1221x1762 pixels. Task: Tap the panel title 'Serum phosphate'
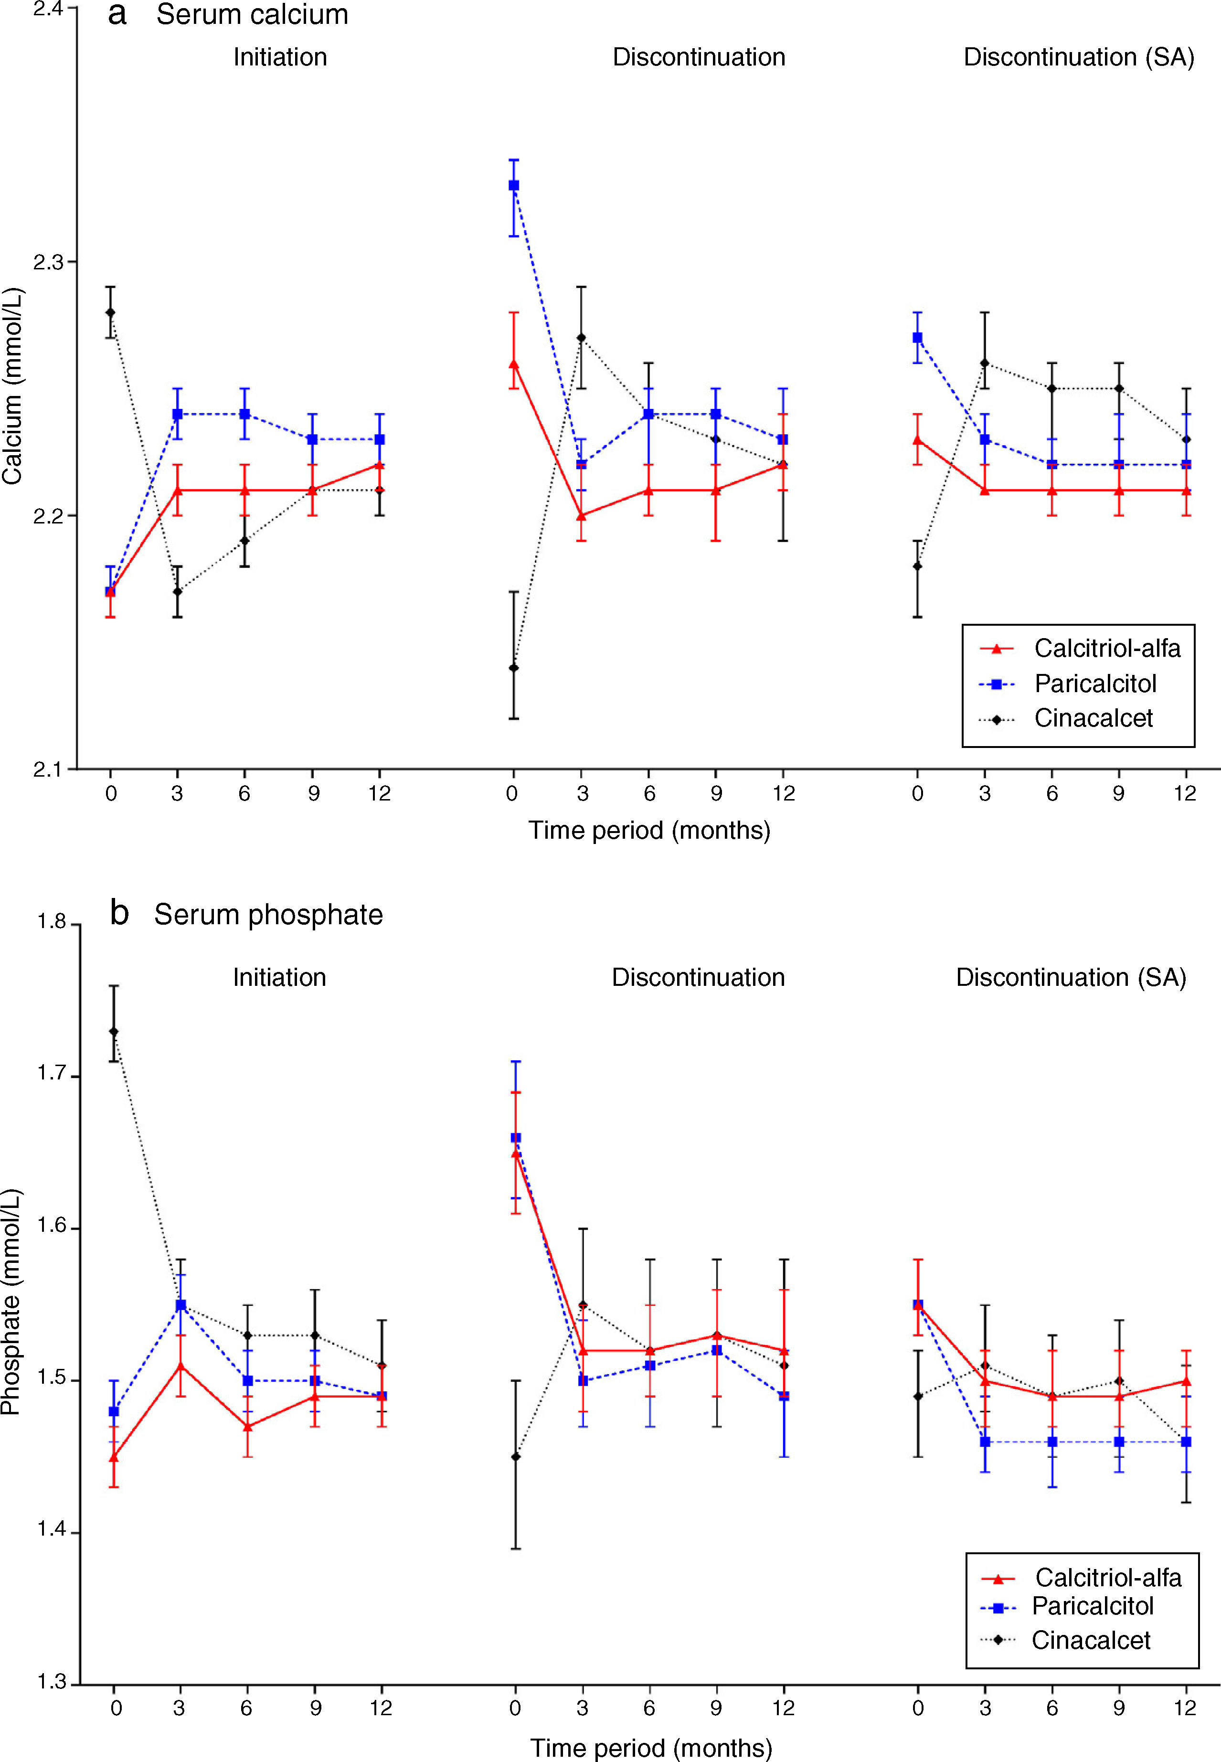click(268, 914)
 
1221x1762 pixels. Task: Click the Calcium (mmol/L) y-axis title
click(13, 386)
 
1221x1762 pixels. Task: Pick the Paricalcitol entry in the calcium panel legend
click(1095, 683)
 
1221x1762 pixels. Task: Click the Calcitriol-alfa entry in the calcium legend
click(1106, 648)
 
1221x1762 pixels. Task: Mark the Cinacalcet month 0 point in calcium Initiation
click(111, 312)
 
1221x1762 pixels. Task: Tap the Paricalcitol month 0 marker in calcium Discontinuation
click(514, 185)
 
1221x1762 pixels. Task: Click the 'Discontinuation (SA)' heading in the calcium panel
click(1078, 57)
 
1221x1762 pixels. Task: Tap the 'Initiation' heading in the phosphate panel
click(279, 977)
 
